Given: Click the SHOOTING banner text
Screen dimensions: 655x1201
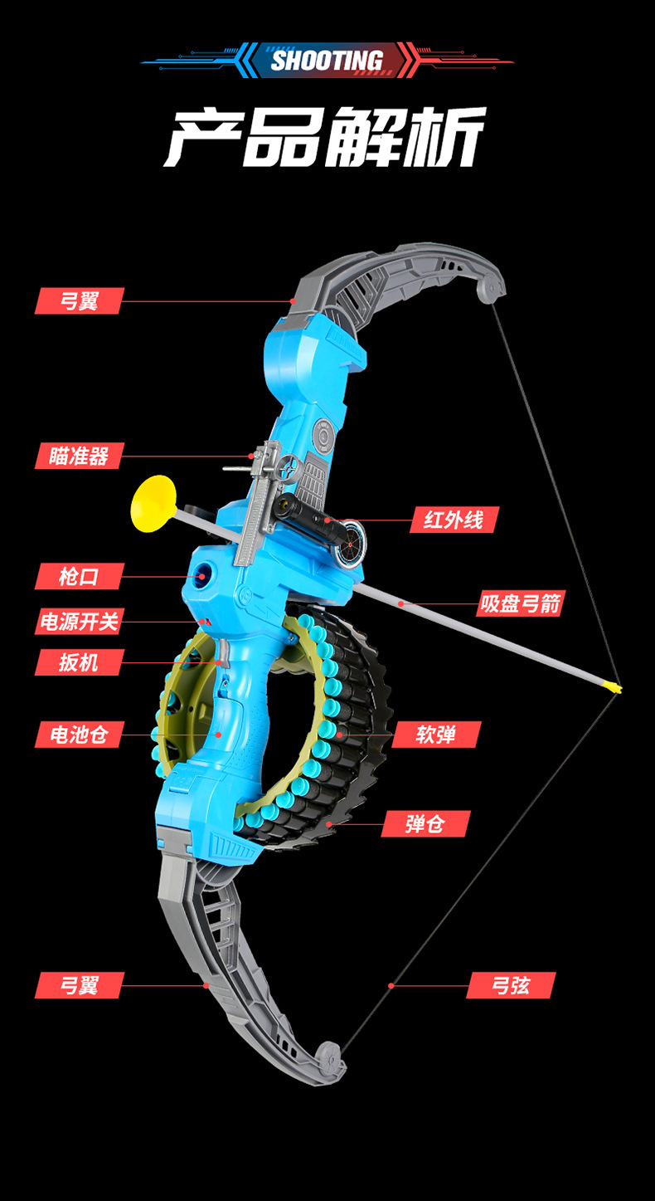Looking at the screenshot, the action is pyautogui.click(x=327, y=61).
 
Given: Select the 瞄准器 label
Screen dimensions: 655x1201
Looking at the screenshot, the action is pyautogui.click(x=80, y=456).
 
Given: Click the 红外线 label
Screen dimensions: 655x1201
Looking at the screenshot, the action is pyautogui.click(x=454, y=520).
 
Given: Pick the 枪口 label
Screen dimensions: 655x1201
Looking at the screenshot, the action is pyautogui.click(x=80, y=576).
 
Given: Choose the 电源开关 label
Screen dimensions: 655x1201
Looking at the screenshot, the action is pyautogui.click(x=80, y=622).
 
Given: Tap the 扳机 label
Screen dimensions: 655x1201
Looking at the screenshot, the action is pyautogui.click(x=80, y=662).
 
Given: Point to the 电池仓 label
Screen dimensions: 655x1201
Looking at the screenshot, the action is pyautogui.click(x=80, y=735).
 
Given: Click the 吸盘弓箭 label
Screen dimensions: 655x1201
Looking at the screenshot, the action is pyautogui.click(x=521, y=603).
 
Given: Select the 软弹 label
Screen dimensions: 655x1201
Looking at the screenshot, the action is pyautogui.click(x=436, y=735).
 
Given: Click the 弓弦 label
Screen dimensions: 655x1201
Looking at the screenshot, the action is pyautogui.click(x=511, y=985).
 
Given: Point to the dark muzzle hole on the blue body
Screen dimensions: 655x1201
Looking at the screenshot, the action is pyautogui.click(x=201, y=576).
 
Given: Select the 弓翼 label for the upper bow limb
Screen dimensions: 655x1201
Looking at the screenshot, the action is pyautogui.click(x=80, y=300).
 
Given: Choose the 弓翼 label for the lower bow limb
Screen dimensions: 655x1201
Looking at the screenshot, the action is pyautogui.click(x=80, y=985).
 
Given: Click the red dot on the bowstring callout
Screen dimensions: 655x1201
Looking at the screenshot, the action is pyautogui.click(x=391, y=985).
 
